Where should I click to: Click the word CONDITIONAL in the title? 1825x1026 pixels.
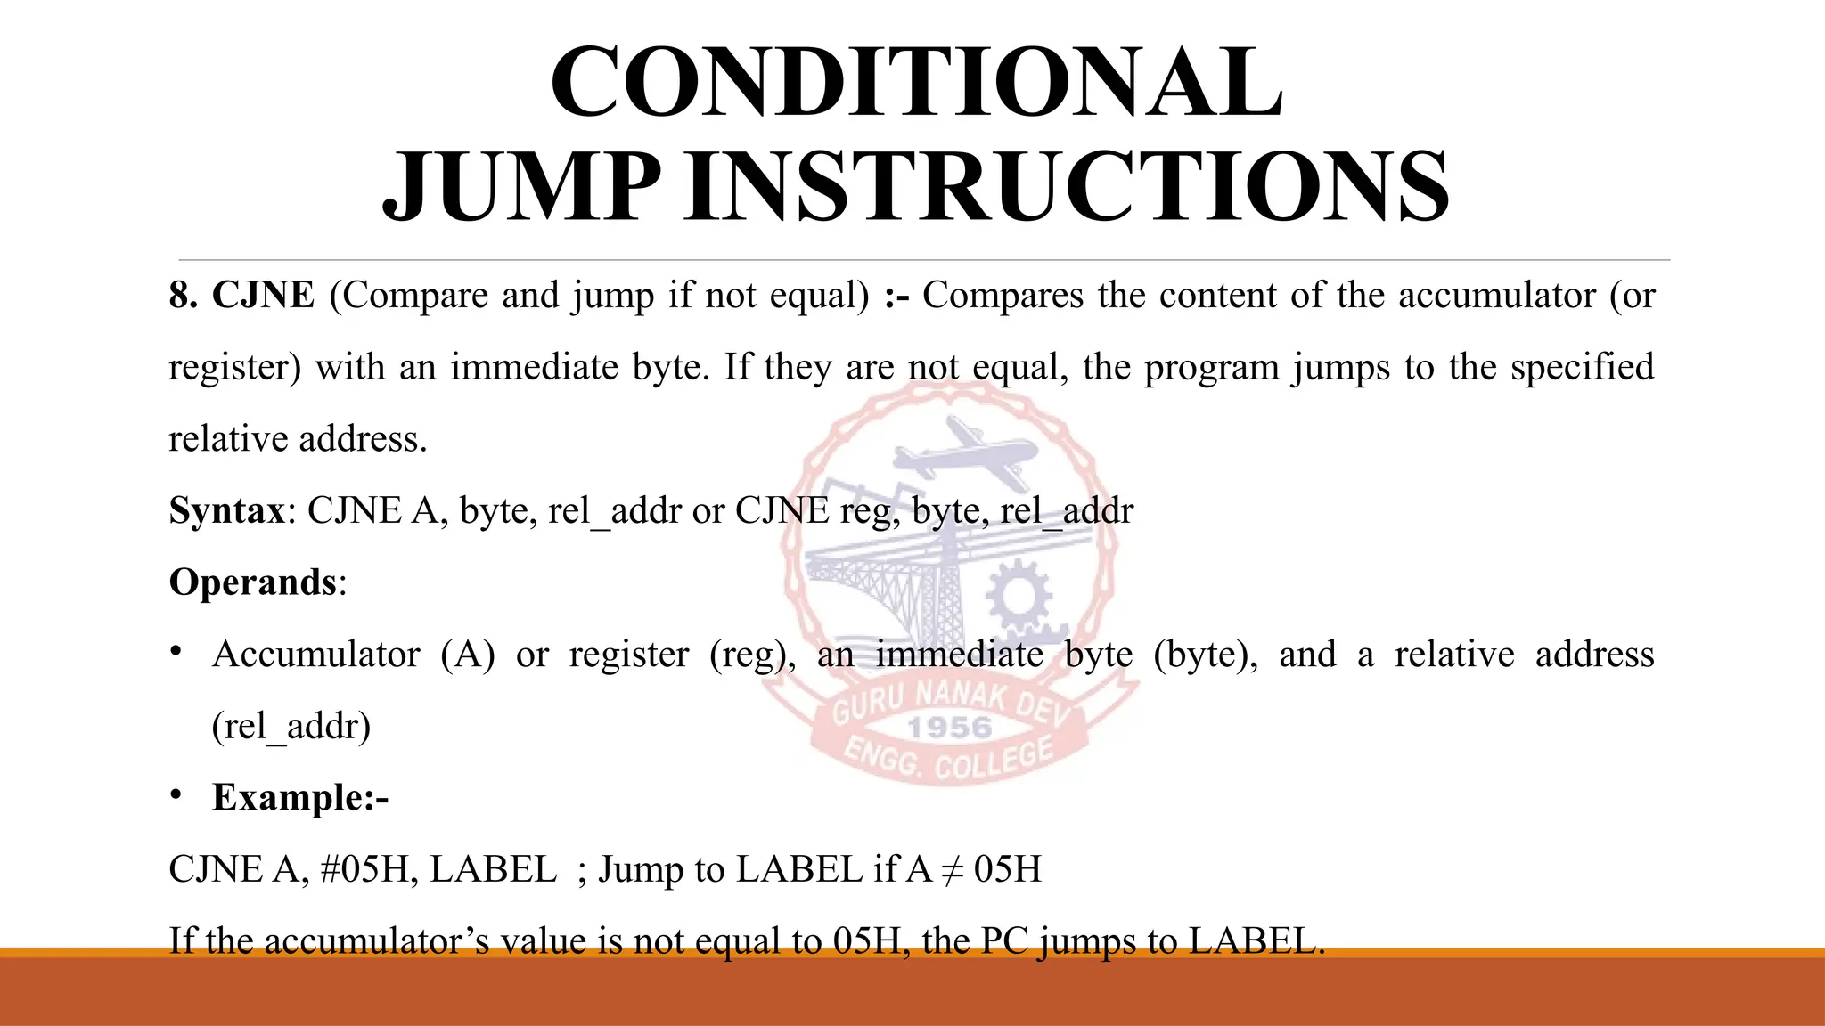[x=917, y=82]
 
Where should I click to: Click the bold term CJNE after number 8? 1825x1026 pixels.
[x=263, y=295]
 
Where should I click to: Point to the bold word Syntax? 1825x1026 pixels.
[x=226, y=510]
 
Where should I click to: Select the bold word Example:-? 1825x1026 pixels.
[x=300, y=797]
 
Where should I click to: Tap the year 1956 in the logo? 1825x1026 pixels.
[x=949, y=728]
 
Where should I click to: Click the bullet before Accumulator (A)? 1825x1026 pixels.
[x=176, y=653]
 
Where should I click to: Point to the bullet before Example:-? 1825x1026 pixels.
[x=176, y=794]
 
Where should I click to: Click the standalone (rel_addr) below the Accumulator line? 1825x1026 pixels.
[x=291, y=726]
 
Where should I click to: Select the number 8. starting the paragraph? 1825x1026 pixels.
[x=184, y=295]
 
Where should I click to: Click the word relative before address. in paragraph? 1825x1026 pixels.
[x=227, y=439]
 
